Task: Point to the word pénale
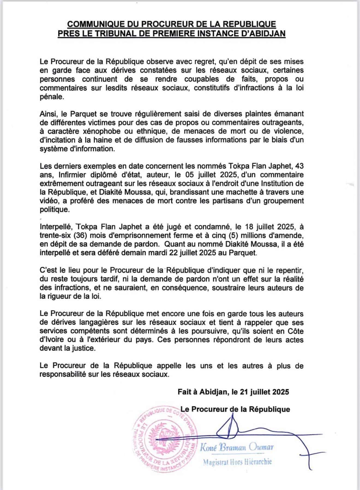pyautogui.click(x=52, y=97)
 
